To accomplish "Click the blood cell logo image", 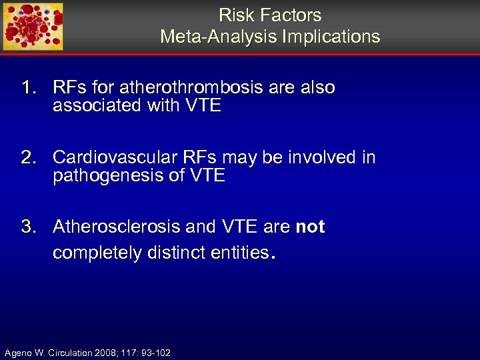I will point(33,27).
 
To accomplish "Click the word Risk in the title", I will point(233,15).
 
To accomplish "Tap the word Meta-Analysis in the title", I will point(219,37).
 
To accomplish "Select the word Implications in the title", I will point(331,37).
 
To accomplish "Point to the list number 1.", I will point(28,88).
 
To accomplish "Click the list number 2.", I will point(28,158).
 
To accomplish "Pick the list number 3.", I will point(28,227).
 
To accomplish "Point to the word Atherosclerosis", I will point(117,227).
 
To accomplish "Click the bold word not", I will point(310,227).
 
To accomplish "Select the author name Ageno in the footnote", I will point(18,352).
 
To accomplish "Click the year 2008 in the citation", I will point(104,352).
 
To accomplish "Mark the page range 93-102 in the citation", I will point(155,352).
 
